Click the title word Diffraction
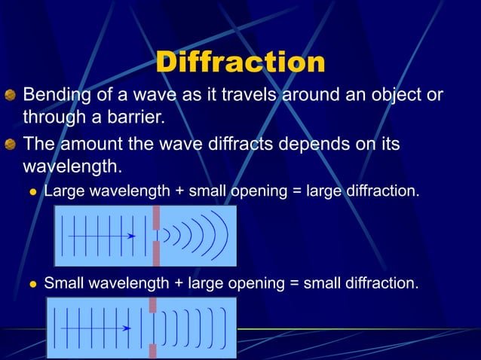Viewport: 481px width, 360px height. point(240,62)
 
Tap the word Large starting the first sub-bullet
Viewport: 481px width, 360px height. point(63,191)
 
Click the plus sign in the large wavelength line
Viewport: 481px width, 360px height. point(179,191)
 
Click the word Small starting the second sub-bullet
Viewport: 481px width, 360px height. point(63,283)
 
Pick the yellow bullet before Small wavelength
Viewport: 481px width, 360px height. point(32,285)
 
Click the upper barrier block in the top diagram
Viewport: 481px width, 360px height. point(156,218)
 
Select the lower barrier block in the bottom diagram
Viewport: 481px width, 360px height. point(153,351)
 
